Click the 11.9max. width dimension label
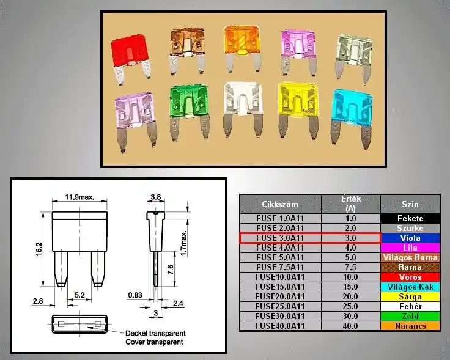(x=79, y=197)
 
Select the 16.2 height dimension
(x=39, y=249)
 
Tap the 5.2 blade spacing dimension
(x=79, y=295)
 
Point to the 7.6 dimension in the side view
(x=170, y=270)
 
